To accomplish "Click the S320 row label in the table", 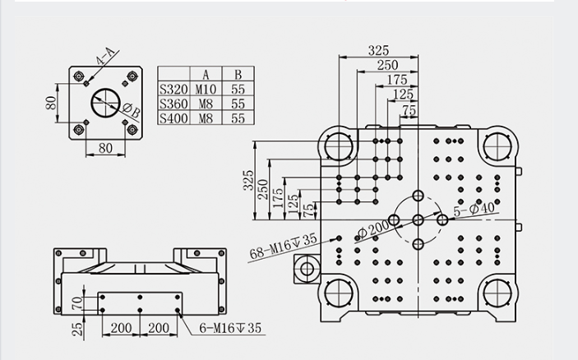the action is tap(173, 89).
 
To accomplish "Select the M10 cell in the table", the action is tap(206, 89).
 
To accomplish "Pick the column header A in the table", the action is tap(206, 75).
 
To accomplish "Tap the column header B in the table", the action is tap(238, 75).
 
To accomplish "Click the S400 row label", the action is tap(173, 118).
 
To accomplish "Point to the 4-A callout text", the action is tap(106, 57).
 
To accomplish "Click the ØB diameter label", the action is tap(132, 110).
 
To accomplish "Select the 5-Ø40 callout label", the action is tap(474, 209).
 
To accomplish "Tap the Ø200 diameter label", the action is tap(373, 229).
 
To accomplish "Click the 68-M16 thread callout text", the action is tap(283, 246).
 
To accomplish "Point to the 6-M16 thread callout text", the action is tap(230, 328).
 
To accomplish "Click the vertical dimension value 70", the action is tap(78, 303).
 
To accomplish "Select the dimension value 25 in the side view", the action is tap(78, 329).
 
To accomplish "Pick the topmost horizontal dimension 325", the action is tap(378, 50).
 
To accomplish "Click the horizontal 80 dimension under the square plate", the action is tap(105, 148).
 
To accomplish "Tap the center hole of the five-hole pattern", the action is tap(418, 220).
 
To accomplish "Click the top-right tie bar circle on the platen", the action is tap(497, 146).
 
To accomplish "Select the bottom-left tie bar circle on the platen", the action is tap(339, 293).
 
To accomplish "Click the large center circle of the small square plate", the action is tap(106, 103).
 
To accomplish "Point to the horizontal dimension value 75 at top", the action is tap(409, 110).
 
